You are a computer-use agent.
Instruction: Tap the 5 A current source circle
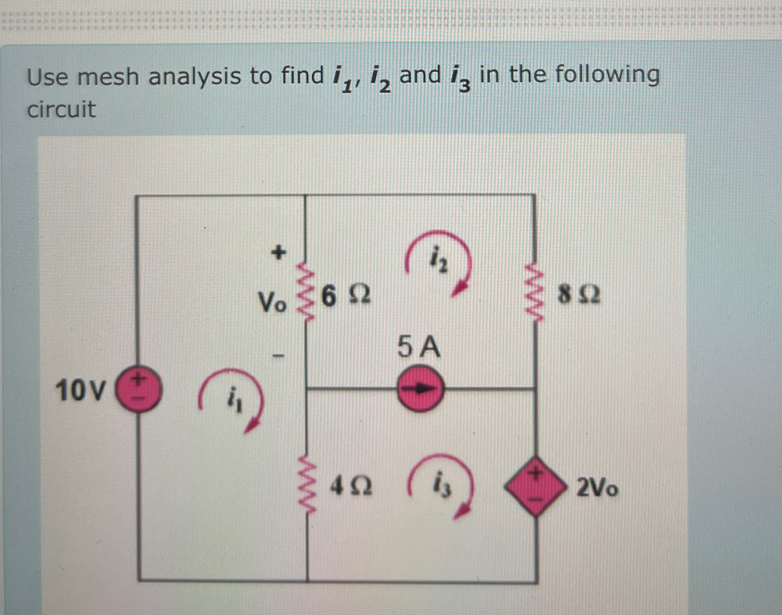click(420, 389)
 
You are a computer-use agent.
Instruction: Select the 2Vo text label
click(597, 489)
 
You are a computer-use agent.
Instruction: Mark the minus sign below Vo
click(278, 357)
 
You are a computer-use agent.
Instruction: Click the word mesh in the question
click(108, 77)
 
